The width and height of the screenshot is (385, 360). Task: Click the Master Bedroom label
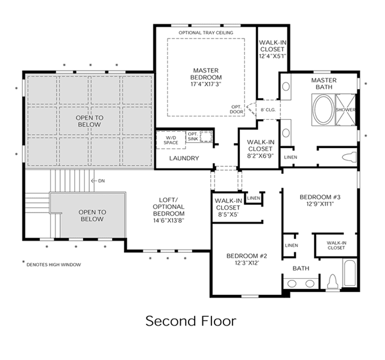(x=206, y=77)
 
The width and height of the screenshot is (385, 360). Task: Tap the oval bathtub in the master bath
(x=324, y=110)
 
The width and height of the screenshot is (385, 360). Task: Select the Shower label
(x=346, y=110)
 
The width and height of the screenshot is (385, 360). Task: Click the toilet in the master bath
(x=349, y=157)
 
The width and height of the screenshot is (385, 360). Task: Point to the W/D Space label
(x=171, y=140)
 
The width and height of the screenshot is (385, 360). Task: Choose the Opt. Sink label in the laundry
(x=193, y=137)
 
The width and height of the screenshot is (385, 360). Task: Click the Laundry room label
(x=184, y=158)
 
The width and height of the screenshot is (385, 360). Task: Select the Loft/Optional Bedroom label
(x=169, y=210)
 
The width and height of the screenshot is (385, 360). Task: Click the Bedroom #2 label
(x=246, y=259)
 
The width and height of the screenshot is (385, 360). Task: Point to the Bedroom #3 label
(x=320, y=200)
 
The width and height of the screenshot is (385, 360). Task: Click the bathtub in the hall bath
(x=349, y=273)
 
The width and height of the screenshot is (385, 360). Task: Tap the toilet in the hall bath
(x=333, y=282)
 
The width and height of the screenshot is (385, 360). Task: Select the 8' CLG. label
(x=268, y=110)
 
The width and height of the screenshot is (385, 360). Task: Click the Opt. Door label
(x=237, y=110)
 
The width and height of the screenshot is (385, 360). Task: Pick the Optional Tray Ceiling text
(x=206, y=33)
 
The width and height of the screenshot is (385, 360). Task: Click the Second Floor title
(x=191, y=321)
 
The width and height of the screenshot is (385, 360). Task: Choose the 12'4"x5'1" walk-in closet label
(x=272, y=49)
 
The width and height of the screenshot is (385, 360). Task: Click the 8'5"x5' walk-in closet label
(x=228, y=208)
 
